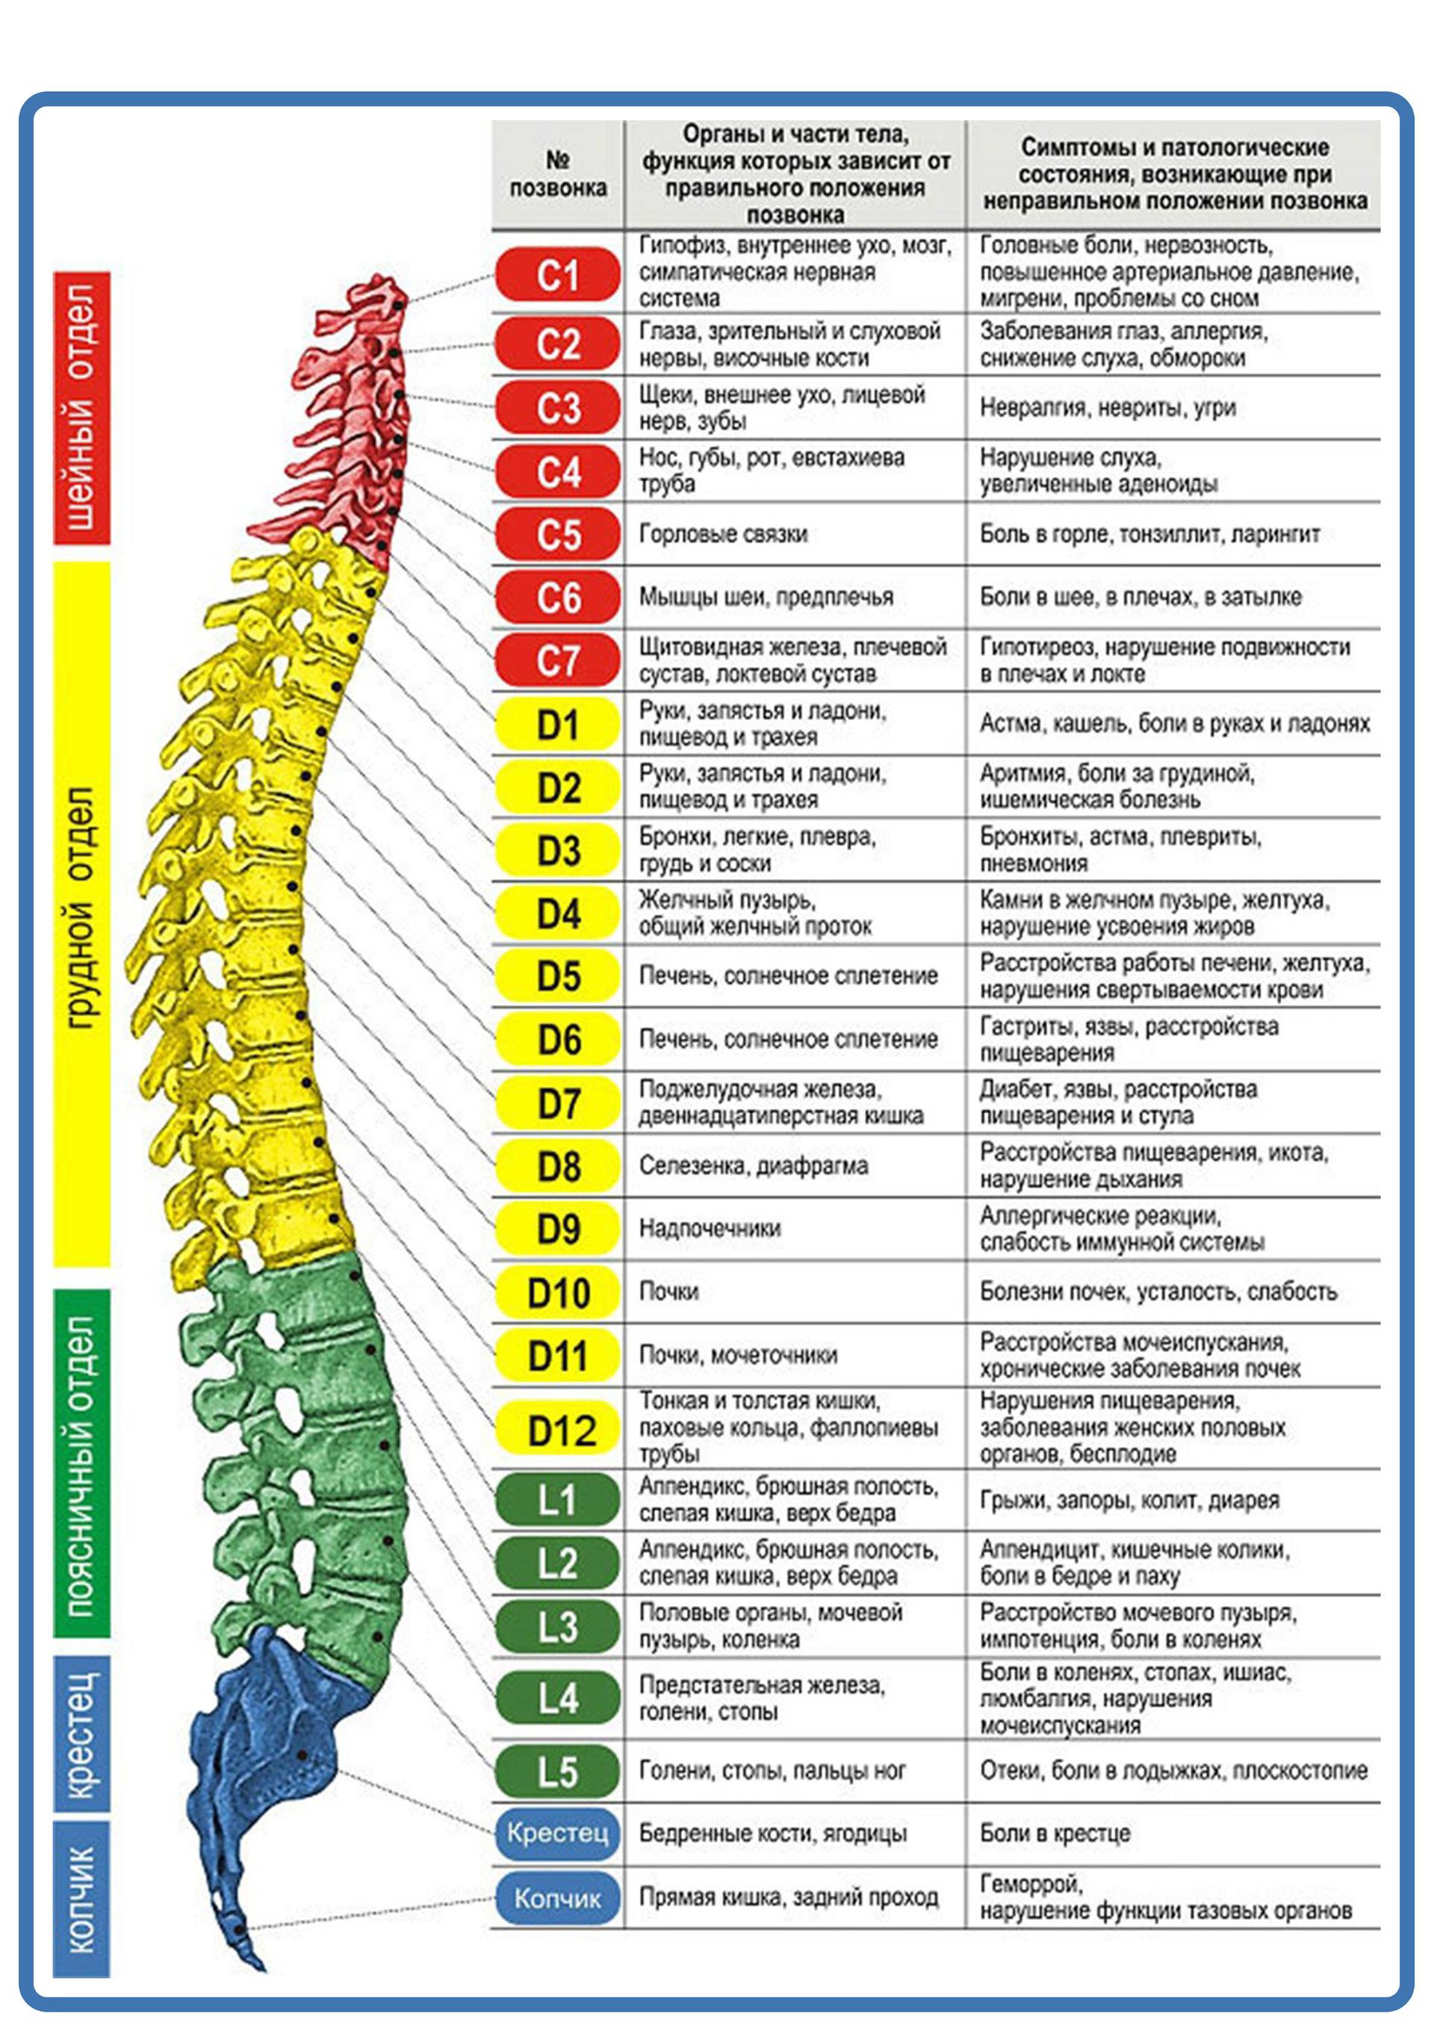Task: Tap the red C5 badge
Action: [x=558, y=534]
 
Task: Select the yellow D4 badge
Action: [x=558, y=913]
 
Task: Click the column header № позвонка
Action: [x=558, y=174]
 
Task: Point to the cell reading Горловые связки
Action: [x=724, y=534]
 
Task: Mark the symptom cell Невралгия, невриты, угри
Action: [x=1108, y=408]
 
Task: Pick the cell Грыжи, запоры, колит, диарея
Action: [x=1130, y=1500]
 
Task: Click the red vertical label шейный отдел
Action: [x=81, y=408]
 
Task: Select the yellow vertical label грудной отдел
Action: [x=81, y=914]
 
